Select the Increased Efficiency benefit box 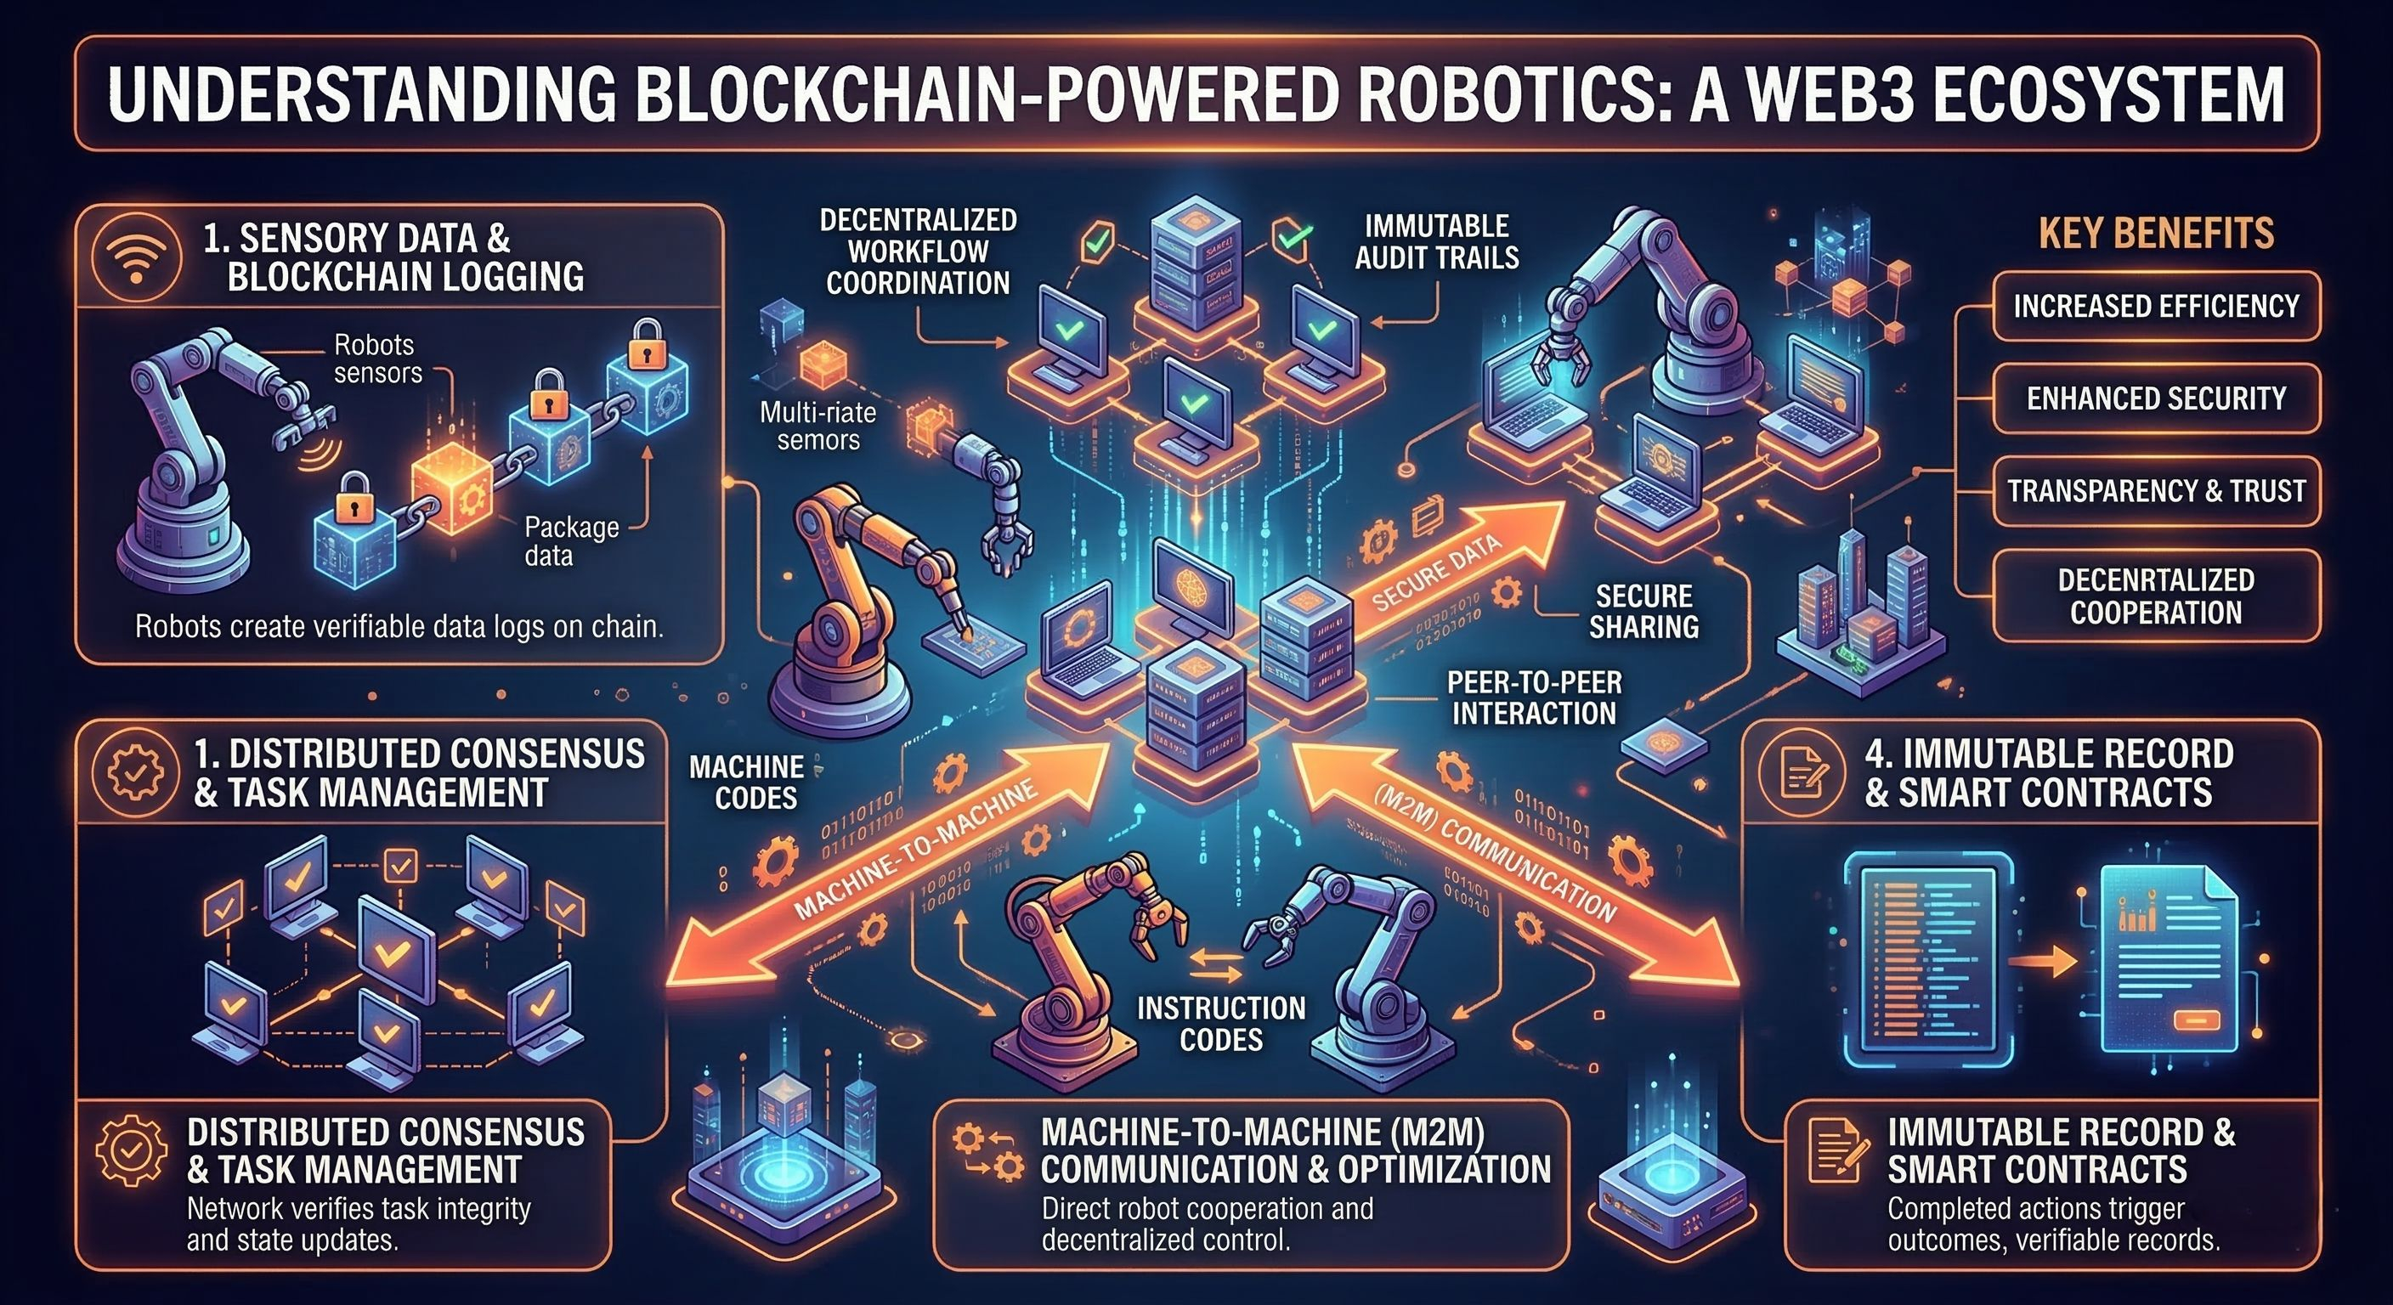(2155, 307)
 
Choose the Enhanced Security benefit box (2155, 398)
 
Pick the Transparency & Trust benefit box (2155, 490)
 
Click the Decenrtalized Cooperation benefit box (2155, 596)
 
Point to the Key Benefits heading (2155, 232)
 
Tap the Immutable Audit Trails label (1436, 241)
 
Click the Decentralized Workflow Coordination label (918, 251)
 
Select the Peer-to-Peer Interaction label (1534, 698)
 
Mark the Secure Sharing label (1643, 610)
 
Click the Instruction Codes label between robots (1220, 1023)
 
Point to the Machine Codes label (747, 782)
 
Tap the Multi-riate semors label (817, 426)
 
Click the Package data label (569, 540)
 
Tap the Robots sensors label (377, 359)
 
